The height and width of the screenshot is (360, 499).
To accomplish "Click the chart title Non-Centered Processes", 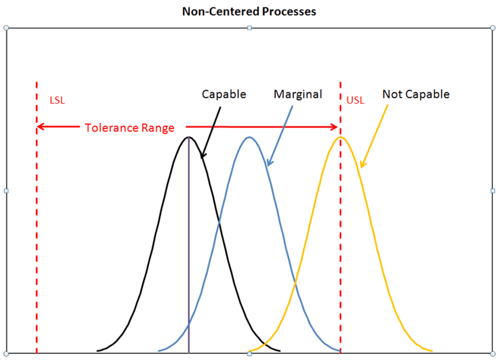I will coord(249,11).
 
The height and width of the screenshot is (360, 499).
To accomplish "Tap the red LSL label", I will coord(57,101).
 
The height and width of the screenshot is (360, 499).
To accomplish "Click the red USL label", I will coord(355,100).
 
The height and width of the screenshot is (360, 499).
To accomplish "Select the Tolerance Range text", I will coord(130,128).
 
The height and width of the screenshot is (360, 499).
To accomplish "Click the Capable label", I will coord(224,94).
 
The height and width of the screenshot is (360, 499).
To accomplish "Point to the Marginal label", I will coord(298,94).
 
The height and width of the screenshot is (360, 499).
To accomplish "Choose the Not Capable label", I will coord(416,94).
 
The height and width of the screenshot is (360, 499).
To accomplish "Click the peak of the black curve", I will coord(189,137).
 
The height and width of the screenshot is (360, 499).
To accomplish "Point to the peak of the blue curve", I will coord(249,137).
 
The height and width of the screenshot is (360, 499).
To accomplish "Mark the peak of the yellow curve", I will coord(341,137).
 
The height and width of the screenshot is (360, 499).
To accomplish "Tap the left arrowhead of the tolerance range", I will coord(40,127).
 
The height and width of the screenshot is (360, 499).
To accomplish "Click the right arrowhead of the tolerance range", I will coord(335,127).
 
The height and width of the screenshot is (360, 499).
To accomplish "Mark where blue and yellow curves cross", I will coord(295,282).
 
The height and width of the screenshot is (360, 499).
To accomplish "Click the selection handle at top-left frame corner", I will coord(6,28).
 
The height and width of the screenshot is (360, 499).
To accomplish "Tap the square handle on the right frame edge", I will coord(493,190).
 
